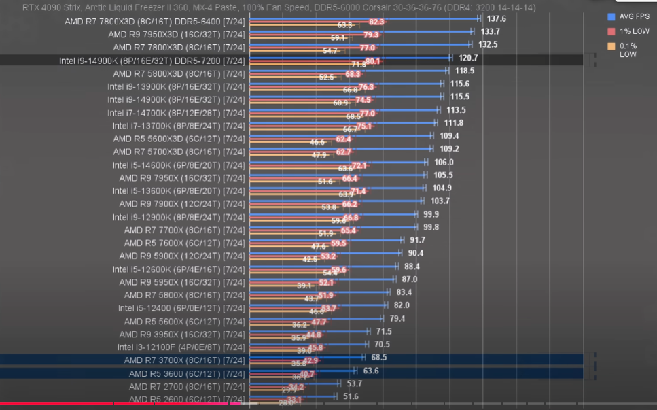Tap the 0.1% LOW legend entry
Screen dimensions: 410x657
pyautogui.click(x=627, y=50)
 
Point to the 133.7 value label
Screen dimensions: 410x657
pyautogui.click(x=490, y=31)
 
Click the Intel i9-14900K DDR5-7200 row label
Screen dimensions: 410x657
pyautogui.click(x=152, y=61)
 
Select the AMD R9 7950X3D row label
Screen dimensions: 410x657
pyautogui.click(x=179, y=35)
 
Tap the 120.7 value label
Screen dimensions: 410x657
pyautogui.click(x=468, y=58)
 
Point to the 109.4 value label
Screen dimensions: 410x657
pyautogui.click(x=449, y=136)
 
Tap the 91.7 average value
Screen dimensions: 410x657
pyautogui.click(x=417, y=240)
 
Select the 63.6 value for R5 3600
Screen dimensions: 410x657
pyautogui.click(x=371, y=371)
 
